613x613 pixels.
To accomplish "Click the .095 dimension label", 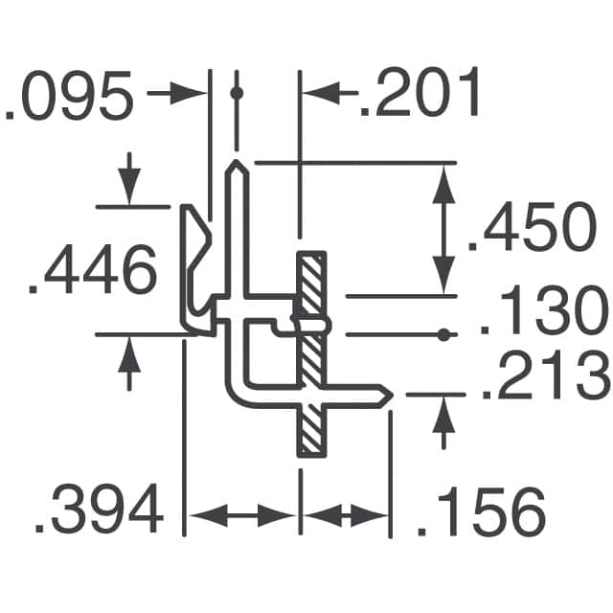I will (x=69, y=100).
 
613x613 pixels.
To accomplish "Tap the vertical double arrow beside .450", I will (x=443, y=229).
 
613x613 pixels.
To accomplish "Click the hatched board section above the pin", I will (x=309, y=284).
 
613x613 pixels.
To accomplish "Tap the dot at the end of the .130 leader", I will (x=444, y=334).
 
